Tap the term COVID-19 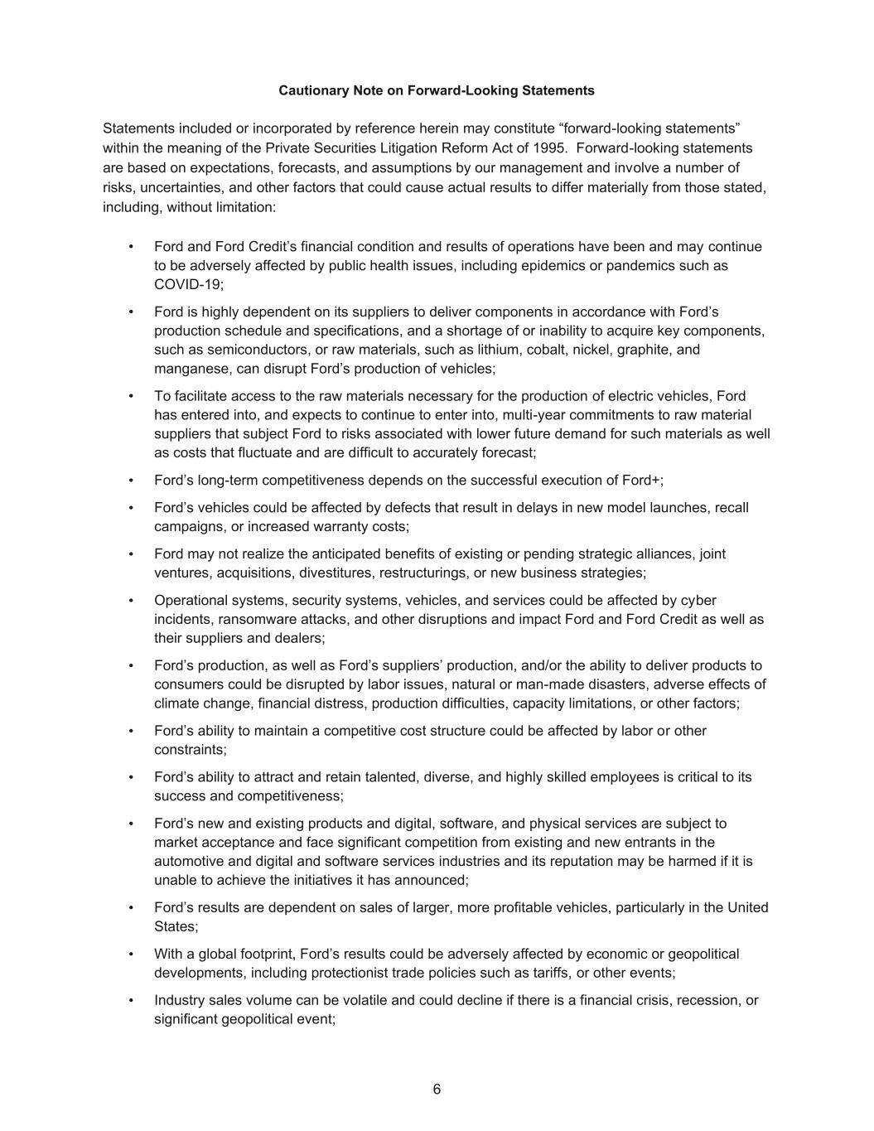point(188,284)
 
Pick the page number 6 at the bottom point(437,1090)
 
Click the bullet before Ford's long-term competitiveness point(131,481)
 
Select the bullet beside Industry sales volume point(131,1000)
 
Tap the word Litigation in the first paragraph point(394,147)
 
